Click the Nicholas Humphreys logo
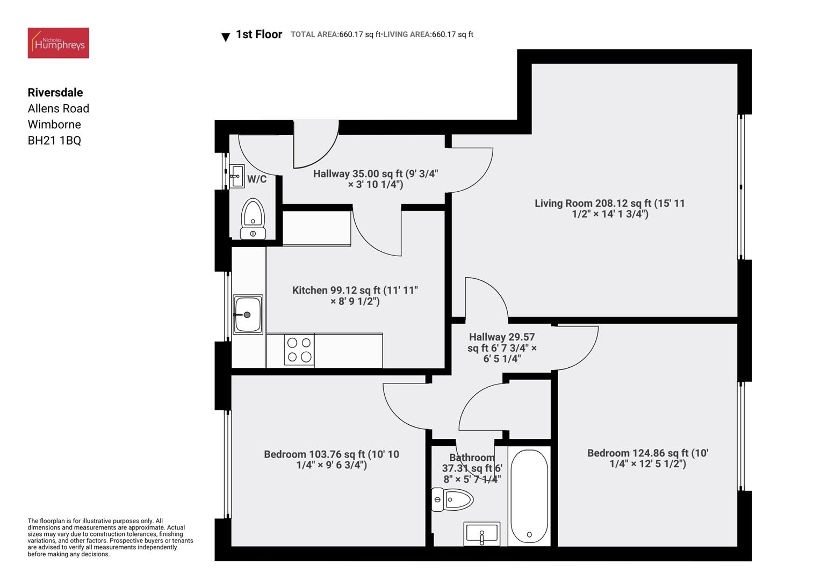coord(58,43)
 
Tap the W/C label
coord(257,179)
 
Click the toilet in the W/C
coord(253,218)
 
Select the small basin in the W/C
coord(236,176)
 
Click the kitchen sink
coord(248,314)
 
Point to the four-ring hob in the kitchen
coord(299,350)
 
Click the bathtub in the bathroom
coord(529,497)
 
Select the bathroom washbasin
coord(482,534)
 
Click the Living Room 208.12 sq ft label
coord(609,208)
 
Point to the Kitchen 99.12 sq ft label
coord(355,295)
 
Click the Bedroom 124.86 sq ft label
coord(647,458)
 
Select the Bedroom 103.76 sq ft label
coord(332,459)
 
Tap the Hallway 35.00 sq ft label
coord(376,179)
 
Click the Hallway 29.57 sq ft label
coord(502,347)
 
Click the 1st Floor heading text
coord(259,34)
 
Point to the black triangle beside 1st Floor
coord(226,37)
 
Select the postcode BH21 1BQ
coord(54,141)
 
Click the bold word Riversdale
coord(55,92)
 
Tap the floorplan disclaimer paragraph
coord(110,538)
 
